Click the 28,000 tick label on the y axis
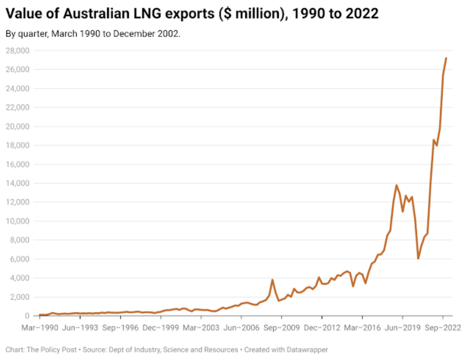click(x=18, y=51)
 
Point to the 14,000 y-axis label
click(x=18, y=183)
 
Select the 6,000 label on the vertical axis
click(x=19, y=259)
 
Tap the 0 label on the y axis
click(x=27, y=316)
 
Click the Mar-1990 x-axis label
click(x=40, y=328)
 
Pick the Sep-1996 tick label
click(x=120, y=328)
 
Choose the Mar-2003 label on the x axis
click(x=201, y=328)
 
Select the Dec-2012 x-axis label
click(x=322, y=328)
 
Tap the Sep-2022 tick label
click(x=442, y=328)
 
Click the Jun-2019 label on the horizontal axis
click(x=402, y=328)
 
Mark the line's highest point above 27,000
click(x=446, y=58)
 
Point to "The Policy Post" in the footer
click(x=52, y=350)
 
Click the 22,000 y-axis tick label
click(x=18, y=108)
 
